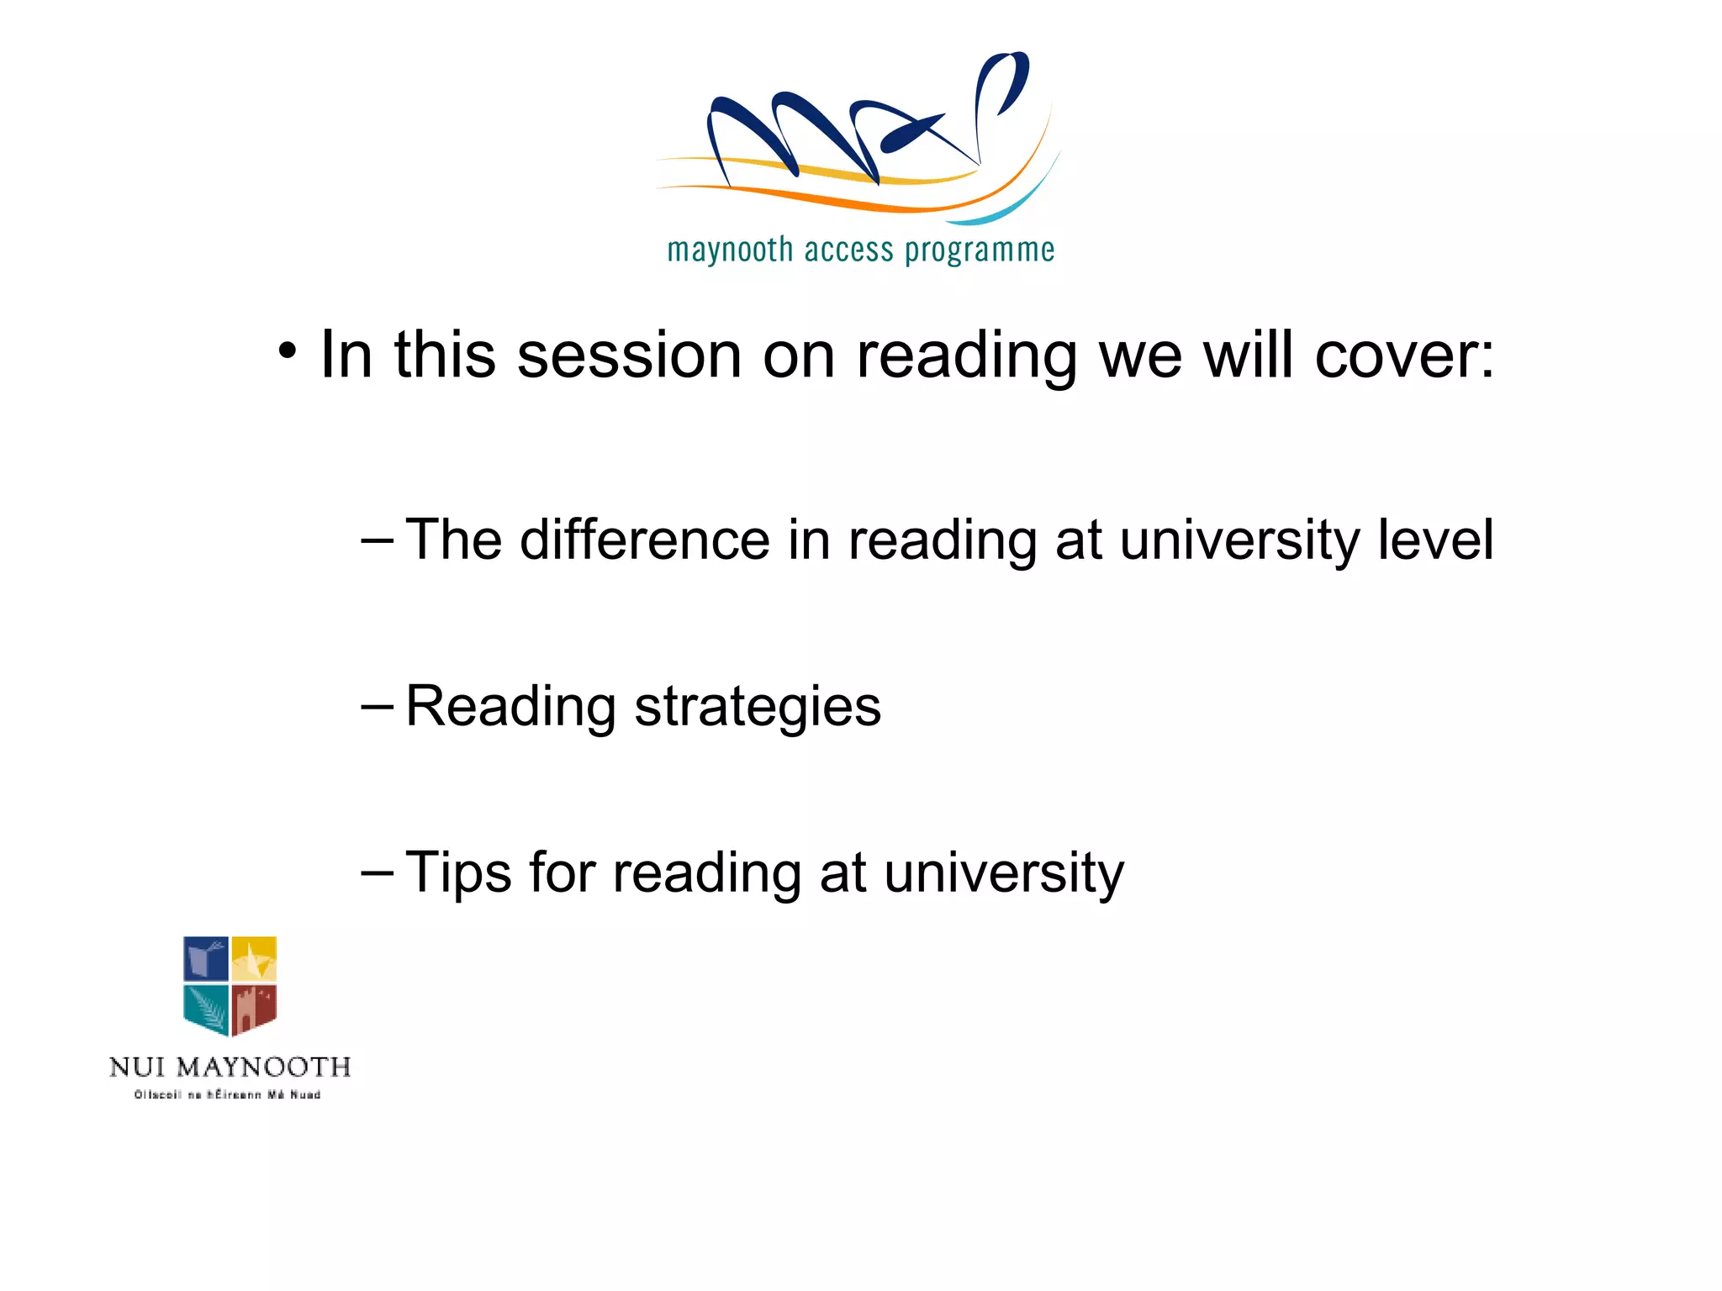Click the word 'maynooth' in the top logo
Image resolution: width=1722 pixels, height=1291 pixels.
click(x=730, y=250)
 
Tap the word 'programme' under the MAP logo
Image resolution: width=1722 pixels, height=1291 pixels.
click(x=980, y=250)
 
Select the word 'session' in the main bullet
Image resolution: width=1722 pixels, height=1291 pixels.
click(x=629, y=355)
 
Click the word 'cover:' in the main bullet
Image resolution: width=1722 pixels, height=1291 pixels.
click(x=1405, y=355)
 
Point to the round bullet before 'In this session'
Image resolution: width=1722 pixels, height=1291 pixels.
click(x=288, y=352)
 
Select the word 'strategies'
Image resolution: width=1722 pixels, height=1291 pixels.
click(x=758, y=706)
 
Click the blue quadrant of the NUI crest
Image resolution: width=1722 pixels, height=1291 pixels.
click(x=206, y=959)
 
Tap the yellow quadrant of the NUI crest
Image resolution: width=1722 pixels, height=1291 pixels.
click(x=254, y=958)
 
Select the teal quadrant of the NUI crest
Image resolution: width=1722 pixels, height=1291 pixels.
click(x=206, y=1008)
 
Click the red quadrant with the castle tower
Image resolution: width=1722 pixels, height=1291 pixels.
click(x=254, y=1008)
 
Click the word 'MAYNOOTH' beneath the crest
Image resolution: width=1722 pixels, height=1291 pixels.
click(x=264, y=1067)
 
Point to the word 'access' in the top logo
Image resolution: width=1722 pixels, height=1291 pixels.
click(x=848, y=250)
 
